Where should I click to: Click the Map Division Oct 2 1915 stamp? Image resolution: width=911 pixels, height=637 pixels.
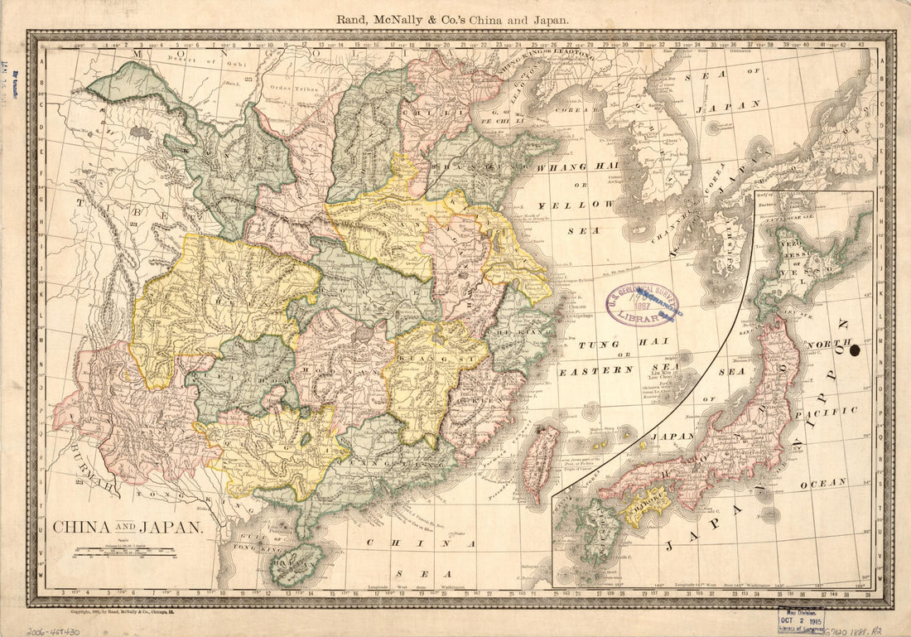pos(800,619)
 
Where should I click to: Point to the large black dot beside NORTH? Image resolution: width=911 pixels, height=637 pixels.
pos(856,350)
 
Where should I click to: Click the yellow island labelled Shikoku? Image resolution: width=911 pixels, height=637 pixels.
pos(643,504)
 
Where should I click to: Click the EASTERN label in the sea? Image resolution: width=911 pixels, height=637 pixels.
pos(590,372)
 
